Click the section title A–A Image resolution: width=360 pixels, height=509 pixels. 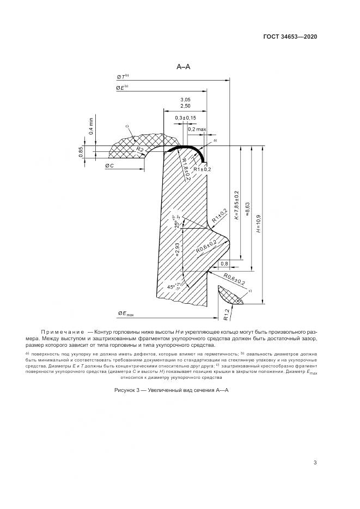(182, 67)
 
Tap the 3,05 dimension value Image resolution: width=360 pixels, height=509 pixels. (185, 100)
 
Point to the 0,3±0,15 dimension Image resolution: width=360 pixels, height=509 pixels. (186, 118)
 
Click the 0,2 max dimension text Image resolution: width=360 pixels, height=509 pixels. (197, 129)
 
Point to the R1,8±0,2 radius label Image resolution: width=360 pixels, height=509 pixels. (184, 169)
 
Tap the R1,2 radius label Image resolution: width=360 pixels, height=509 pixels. (225, 313)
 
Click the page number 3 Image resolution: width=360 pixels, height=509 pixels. (315, 463)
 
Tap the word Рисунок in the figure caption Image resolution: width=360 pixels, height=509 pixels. (127, 391)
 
